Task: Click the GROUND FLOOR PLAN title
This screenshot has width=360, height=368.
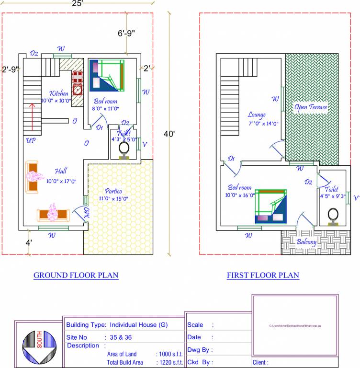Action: pos(76,275)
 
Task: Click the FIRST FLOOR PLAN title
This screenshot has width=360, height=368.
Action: pos(263,275)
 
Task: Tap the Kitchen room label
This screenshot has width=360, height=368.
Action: pos(59,93)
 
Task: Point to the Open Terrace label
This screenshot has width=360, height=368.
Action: pos(311,107)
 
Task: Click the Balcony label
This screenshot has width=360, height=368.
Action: pos(306,242)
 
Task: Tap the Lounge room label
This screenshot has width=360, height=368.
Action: pos(257,115)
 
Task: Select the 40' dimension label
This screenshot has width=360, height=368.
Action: pos(169,134)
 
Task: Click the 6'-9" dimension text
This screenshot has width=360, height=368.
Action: pos(126,33)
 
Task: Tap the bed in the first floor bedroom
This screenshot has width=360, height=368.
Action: pos(271,207)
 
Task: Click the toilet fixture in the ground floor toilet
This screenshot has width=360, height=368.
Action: pos(124,149)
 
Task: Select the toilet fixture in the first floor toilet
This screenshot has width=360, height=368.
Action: pos(333,215)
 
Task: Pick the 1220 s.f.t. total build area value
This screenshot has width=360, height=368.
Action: pos(171,362)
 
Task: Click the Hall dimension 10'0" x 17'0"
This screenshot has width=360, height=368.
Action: pos(61,181)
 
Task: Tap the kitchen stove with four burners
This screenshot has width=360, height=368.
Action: pos(78,76)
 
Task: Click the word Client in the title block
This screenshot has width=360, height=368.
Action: pos(260,363)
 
